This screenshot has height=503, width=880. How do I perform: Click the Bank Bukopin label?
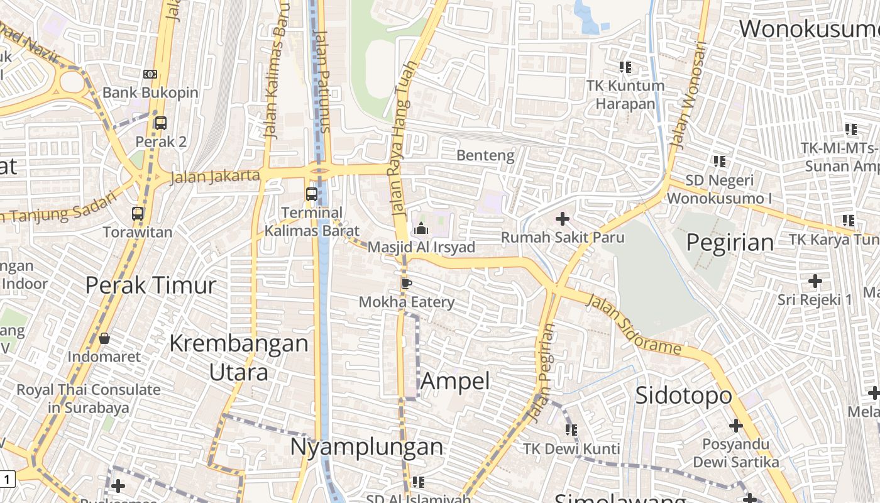click(150, 92)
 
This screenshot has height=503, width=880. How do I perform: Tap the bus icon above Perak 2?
click(161, 123)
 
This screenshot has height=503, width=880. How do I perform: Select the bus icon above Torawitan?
click(138, 214)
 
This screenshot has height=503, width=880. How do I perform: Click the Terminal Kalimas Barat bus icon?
click(312, 194)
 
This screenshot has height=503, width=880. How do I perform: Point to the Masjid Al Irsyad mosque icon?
click(421, 228)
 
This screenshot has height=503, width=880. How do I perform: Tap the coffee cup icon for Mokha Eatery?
click(406, 284)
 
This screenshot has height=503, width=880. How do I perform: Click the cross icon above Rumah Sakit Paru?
click(563, 219)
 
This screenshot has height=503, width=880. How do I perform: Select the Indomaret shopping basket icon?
click(104, 338)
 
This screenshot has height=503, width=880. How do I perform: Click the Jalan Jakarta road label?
click(215, 176)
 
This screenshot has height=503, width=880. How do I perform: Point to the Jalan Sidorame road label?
click(634, 324)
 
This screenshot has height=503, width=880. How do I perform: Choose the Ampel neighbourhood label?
click(455, 381)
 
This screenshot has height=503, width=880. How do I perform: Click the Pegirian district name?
click(730, 243)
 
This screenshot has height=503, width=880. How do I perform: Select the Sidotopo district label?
click(684, 395)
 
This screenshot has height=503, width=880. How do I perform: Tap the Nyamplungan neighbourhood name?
click(366, 446)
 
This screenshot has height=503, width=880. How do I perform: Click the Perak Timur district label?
click(151, 285)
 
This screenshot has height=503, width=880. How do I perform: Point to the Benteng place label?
click(485, 155)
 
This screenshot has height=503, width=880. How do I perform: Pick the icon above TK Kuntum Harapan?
click(625, 67)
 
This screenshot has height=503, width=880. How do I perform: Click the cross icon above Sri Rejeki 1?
click(815, 280)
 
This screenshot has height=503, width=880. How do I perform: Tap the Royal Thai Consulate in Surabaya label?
click(89, 398)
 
